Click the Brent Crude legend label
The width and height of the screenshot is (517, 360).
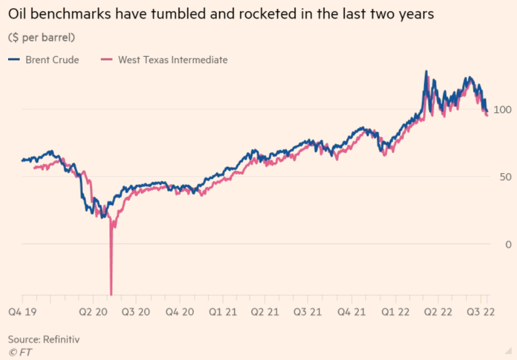(52, 60)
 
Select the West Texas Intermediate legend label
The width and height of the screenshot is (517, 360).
(173, 60)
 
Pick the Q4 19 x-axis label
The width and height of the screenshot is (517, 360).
(23, 311)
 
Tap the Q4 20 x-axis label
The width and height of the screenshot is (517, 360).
(181, 311)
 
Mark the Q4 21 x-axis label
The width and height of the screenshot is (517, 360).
(351, 311)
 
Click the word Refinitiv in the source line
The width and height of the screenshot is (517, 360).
(60, 339)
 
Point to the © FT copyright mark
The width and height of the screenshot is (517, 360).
(20, 351)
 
